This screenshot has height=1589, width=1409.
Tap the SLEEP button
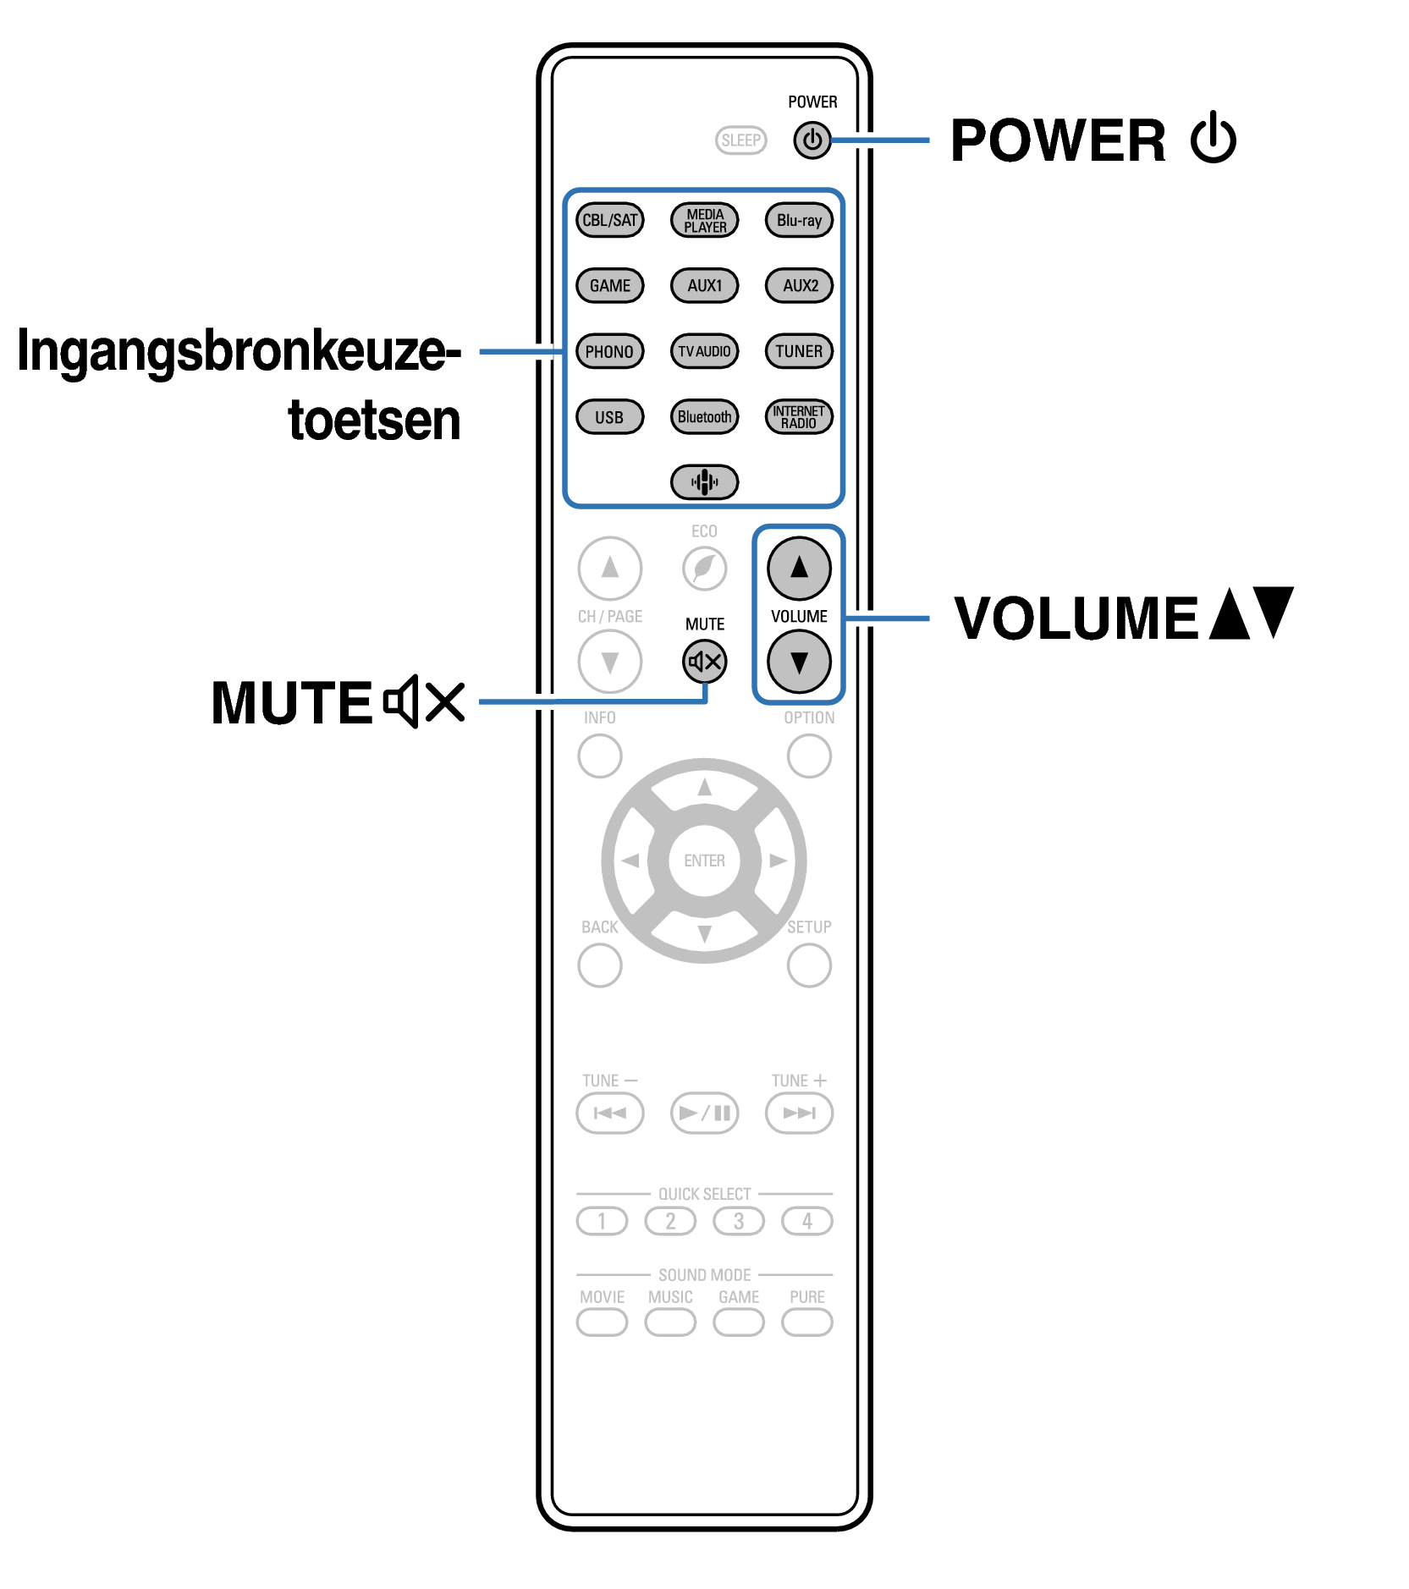coord(740,140)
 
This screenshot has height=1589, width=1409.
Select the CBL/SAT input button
coord(610,220)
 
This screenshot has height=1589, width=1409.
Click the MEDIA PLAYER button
coord(704,220)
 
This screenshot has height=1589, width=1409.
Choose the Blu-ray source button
coord(799,220)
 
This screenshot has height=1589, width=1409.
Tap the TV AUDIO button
coord(704,351)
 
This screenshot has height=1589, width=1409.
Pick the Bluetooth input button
coord(704,416)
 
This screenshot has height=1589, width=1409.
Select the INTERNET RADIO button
coord(799,416)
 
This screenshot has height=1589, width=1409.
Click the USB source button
coord(609,416)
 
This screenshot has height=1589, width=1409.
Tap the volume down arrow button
coord(799,662)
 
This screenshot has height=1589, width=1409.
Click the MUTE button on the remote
coord(704,662)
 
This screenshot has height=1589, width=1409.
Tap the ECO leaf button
coord(704,568)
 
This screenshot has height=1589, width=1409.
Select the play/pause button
coord(704,1113)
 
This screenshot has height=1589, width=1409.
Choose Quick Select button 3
coord(739,1221)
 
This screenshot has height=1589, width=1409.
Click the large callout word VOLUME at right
coord(1076,618)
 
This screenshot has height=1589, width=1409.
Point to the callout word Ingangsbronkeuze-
coord(239,351)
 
